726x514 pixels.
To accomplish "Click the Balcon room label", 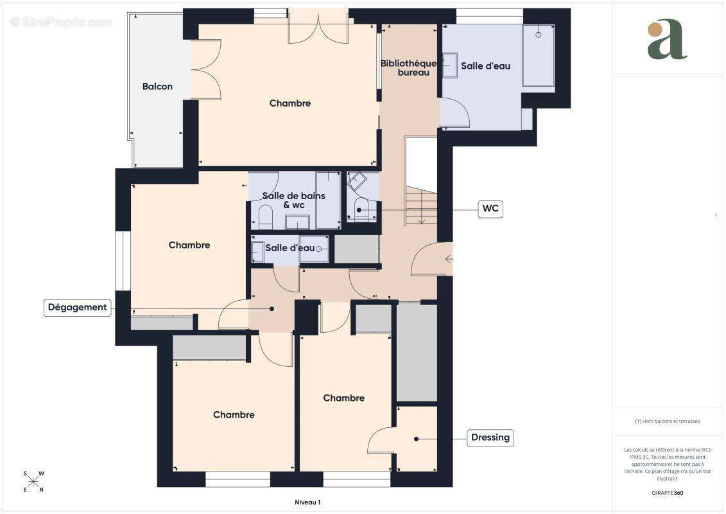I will coord(157,86).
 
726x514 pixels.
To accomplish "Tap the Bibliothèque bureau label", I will coord(408,68).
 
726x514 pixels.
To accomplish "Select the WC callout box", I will coord(490,209).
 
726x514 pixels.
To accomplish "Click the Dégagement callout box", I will coord(77,307).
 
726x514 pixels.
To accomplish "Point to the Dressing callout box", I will coord(490,438).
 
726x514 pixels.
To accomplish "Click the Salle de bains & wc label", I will coord(294,200).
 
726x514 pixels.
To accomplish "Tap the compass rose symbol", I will coord(33,481).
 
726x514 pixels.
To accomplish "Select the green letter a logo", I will coord(666,40).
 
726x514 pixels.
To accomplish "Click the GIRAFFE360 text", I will coord(668,493).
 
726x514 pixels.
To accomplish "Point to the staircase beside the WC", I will coord(421,204).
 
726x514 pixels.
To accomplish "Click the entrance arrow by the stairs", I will coord(449,259).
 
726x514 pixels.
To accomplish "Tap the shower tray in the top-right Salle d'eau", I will coord(538,55).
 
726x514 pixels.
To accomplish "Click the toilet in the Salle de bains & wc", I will coord(265,217).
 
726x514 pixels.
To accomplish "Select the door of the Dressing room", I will coord(381,441).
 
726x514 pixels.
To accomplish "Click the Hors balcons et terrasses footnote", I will coord(668,421).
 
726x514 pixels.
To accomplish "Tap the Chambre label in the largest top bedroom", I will coord(290,103).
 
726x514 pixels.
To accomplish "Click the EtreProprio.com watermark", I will coord(62,22).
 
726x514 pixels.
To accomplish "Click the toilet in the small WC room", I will coord(361,210).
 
